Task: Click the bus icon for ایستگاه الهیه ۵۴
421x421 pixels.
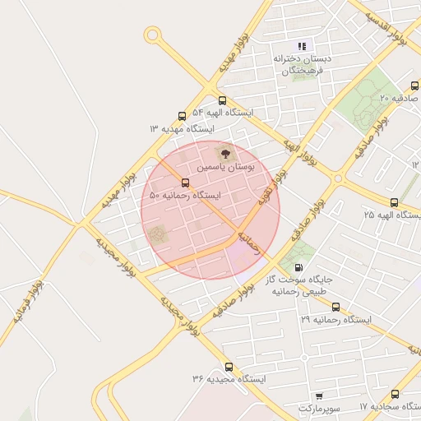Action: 222,100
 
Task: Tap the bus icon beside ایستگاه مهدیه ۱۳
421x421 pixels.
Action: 182,117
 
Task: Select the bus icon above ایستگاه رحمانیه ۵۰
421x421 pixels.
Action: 185,183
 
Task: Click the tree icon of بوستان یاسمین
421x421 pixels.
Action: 223,153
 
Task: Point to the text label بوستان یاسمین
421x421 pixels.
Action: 225,167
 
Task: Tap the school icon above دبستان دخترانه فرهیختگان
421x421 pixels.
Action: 302,46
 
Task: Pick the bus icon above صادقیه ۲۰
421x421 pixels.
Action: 413,86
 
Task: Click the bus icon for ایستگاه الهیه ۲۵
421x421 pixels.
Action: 394,201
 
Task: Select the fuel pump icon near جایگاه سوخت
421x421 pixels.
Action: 298,267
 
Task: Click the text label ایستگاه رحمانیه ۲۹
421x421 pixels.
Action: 336,318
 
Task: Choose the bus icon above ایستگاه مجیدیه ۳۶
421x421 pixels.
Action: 229,367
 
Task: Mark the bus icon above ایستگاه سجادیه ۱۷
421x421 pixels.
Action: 396,395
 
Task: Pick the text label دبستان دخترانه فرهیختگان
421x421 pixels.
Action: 301,65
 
